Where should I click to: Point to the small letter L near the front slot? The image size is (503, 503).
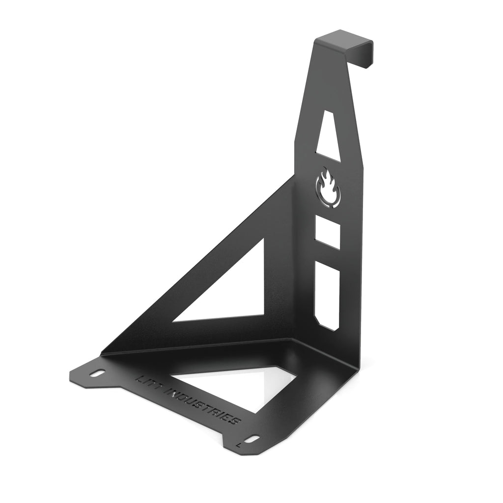pos(238,444)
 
